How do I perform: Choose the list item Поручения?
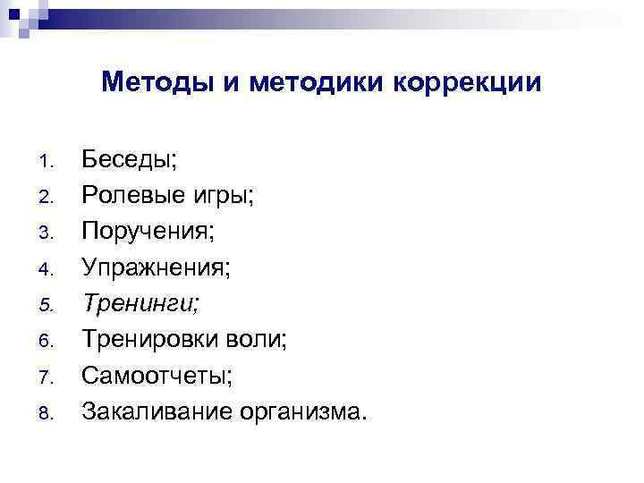click(148, 232)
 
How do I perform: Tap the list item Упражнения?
click(157, 267)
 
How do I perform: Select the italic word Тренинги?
click(140, 303)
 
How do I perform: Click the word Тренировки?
click(154, 339)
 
